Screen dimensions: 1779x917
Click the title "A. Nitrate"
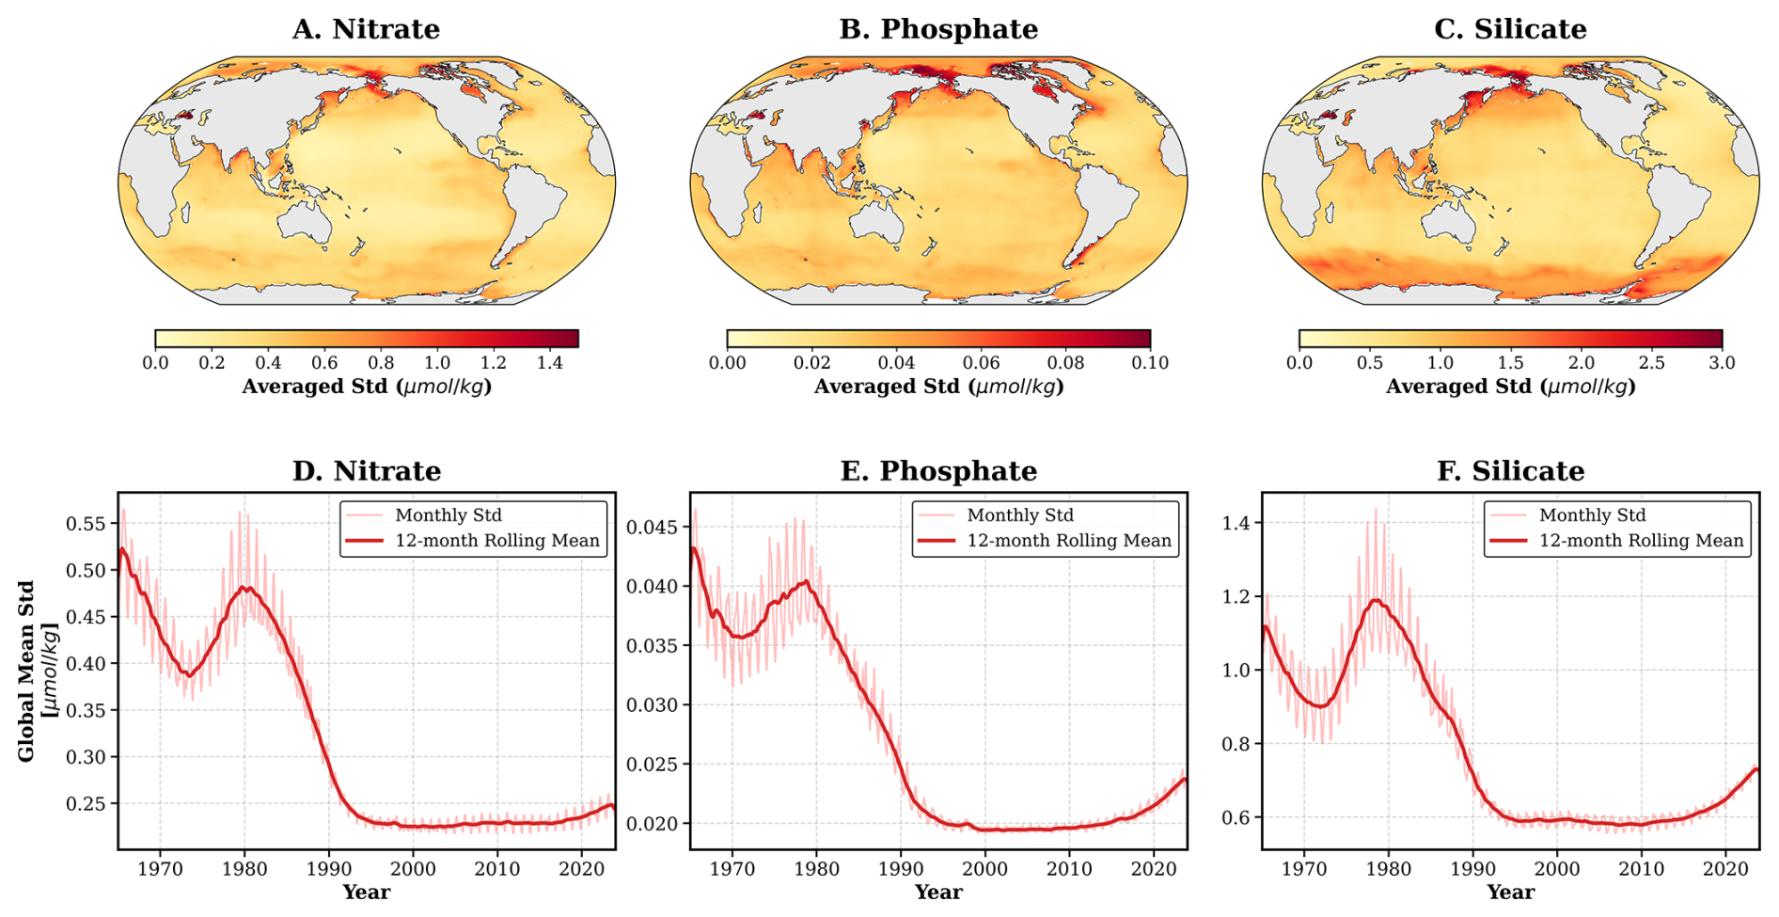tap(366, 29)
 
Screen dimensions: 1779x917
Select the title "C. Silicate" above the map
tap(1510, 29)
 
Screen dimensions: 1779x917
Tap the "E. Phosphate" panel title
tap(938, 470)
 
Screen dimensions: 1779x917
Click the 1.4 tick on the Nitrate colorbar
tap(549, 363)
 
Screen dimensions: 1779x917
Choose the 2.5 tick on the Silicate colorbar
tap(1651, 363)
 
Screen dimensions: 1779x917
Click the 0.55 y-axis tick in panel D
tap(86, 523)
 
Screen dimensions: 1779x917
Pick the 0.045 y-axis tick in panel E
tap(652, 527)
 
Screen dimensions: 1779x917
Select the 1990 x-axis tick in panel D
tap(328, 869)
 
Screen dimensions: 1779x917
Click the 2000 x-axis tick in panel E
tap(984, 869)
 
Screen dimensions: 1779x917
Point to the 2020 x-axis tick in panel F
tap(1725, 869)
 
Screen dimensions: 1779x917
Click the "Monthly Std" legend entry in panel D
tap(449, 515)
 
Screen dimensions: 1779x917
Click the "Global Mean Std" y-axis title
tap(25, 671)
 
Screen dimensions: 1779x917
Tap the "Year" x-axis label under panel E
tap(938, 892)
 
